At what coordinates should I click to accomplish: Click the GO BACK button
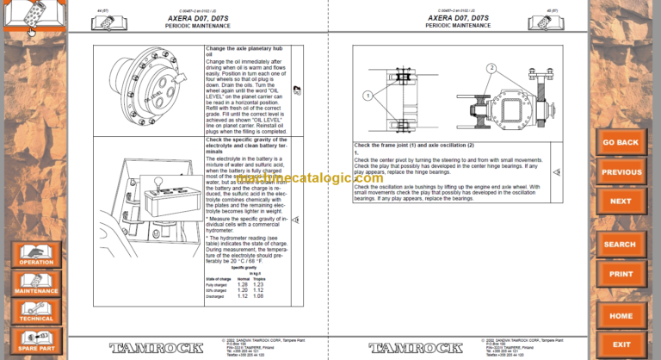pyautogui.click(x=620, y=142)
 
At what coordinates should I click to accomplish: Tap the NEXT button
pyautogui.click(x=620, y=201)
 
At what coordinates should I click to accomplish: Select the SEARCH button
pyautogui.click(x=620, y=245)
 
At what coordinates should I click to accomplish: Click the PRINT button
pyautogui.click(x=620, y=274)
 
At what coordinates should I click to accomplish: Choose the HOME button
pyautogui.click(x=620, y=316)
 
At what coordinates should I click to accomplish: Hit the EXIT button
pyautogui.click(x=620, y=344)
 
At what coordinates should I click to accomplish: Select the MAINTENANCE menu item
pyautogui.click(x=35, y=287)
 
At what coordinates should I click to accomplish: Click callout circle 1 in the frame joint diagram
pyautogui.click(x=367, y=96)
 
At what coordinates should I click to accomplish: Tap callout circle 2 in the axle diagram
pyautogui.click(x=491, y=67)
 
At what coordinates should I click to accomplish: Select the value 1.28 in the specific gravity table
pyautogui.click(x=244, y=283)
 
